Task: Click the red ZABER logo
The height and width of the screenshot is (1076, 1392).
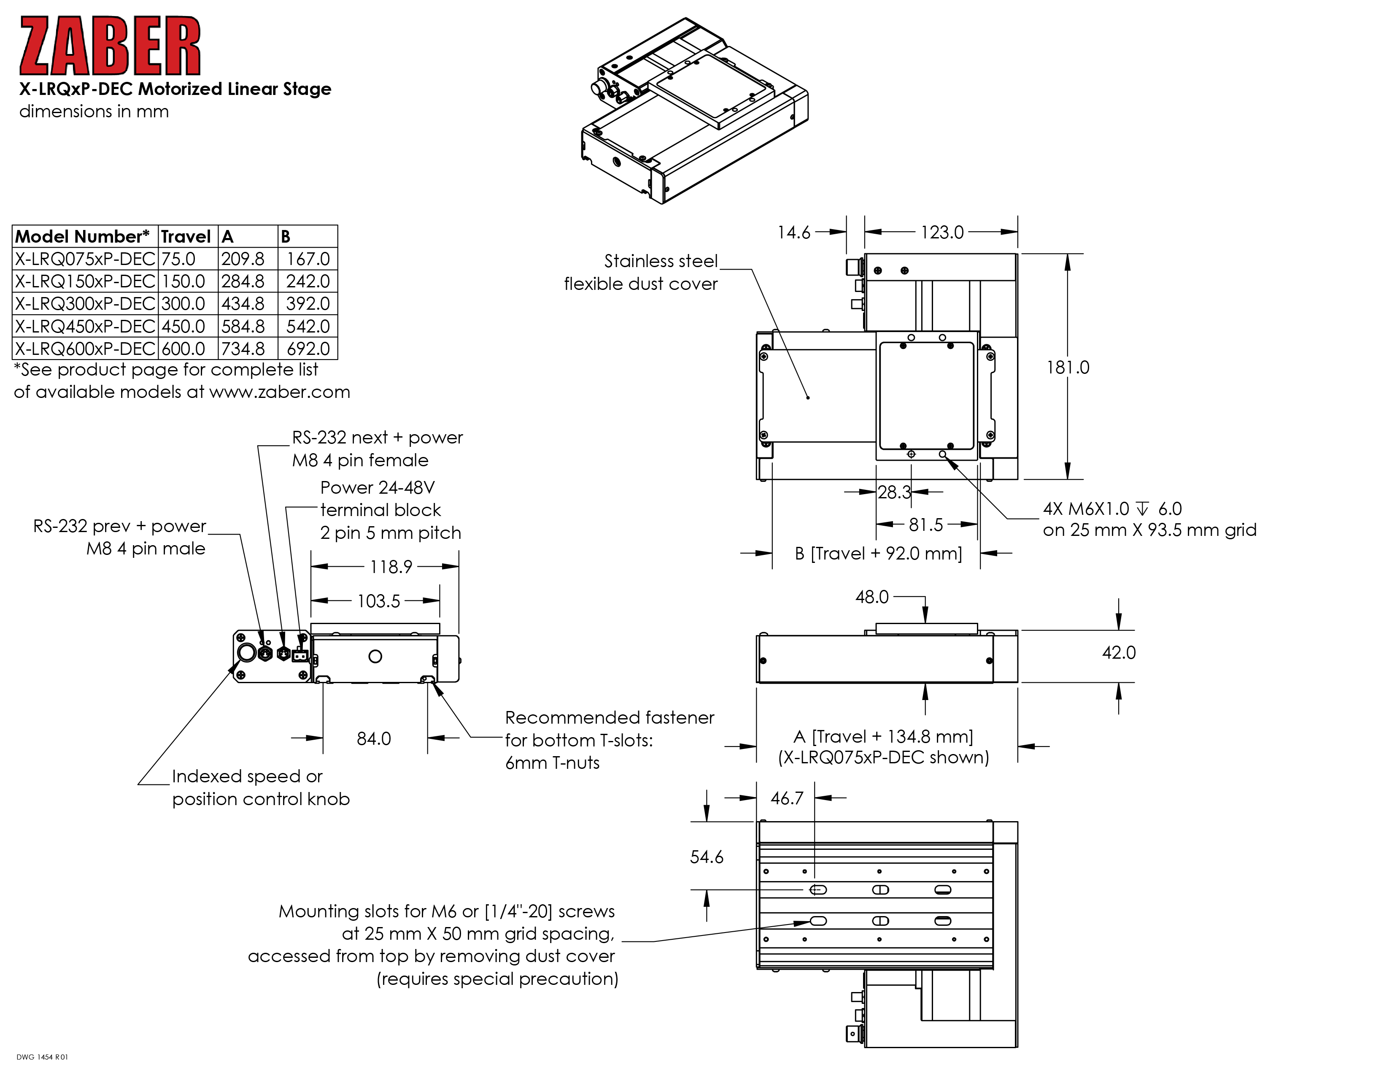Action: [x=110, y=46]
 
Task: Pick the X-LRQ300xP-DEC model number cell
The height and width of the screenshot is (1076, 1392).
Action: [x=85, y=303]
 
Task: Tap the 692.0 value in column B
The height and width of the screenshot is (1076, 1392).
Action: [x=308, y=349]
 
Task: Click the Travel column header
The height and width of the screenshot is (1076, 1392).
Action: [x=186, y=236]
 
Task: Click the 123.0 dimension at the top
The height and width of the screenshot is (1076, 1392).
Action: [x=942, y=233]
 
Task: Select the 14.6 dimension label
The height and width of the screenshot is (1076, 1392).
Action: [x=793, y=233]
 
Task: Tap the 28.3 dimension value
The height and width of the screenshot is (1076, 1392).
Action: [x=894, y=492]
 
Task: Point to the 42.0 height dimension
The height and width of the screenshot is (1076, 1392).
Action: [x=1119, y=653]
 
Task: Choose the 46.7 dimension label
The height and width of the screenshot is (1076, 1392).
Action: [x=787, y=798]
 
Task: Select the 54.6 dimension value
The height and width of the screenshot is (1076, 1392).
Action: [x=706, y=857]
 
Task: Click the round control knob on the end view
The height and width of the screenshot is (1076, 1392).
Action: [x=247, y=652]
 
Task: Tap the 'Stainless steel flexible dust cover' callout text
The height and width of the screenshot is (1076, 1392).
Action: [x=641, y=272]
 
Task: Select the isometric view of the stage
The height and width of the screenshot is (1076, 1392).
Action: [x=695, y=111]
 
